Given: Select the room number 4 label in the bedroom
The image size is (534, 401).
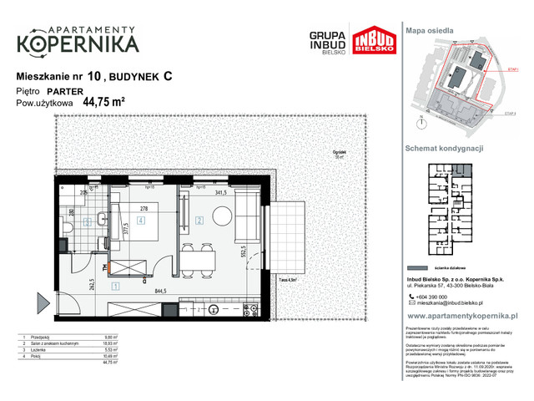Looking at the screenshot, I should (142, 221).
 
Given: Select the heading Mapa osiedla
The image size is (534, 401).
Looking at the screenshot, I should (429, 30).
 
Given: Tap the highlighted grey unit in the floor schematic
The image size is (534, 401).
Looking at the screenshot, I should (460, 168).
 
